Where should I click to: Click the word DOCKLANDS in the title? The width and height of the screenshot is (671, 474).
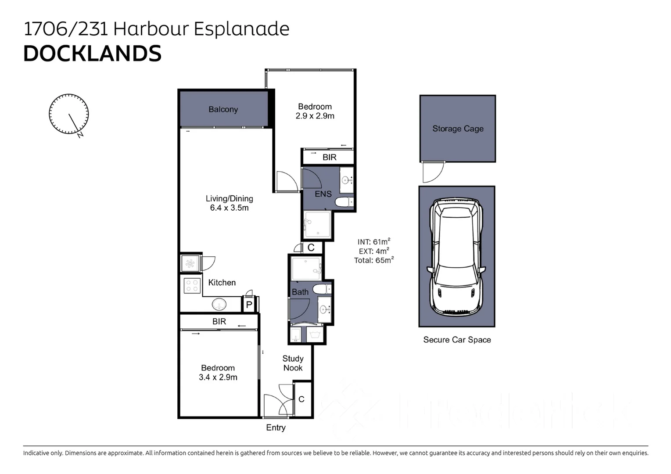point(92,54)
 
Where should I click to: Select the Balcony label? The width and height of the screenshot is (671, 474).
point(223,109)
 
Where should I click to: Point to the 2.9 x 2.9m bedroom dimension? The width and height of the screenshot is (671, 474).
point(315,116)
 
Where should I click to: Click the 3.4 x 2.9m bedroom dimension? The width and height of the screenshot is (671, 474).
point(218,377)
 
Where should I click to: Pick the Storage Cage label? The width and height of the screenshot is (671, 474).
point(458,129)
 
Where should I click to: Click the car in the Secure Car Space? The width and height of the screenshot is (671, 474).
point(457,256)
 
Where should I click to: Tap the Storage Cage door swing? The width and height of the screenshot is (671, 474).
point(432,172)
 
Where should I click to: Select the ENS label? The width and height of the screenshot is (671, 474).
point(323,194)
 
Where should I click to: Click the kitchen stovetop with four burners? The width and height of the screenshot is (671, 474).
point(192,286)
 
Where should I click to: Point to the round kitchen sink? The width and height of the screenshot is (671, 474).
point(219,304)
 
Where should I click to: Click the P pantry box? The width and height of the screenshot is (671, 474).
point(249,304)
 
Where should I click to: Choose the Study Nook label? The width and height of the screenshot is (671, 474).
point(293,363)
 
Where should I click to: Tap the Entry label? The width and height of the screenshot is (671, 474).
point(276,427)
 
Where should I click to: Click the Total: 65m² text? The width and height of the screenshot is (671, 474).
point(373,260)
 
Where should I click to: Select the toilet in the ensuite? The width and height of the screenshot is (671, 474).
point(344,202)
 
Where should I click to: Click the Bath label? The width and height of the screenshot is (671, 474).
point(300,292)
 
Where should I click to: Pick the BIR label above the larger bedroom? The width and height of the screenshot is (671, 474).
point(219,322)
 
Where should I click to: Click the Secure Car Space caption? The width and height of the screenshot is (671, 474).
point(457,340)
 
